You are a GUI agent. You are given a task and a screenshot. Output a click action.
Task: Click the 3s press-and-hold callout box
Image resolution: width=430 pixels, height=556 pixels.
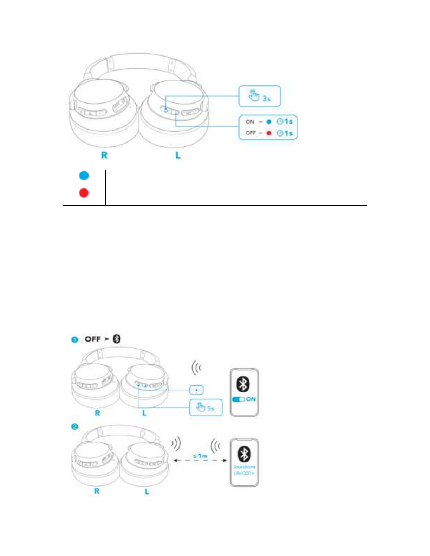pos(260,96)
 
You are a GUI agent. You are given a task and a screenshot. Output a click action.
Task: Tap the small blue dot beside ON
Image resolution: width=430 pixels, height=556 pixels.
pos(269,122)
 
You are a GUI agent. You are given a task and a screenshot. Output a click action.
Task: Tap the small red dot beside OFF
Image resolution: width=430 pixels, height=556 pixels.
pos(269,133)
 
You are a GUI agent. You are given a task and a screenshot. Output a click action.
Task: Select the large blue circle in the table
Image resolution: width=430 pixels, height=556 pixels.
pos(84,175)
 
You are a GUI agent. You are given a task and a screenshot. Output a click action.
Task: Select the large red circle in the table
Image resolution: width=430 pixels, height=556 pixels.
pos(84,193)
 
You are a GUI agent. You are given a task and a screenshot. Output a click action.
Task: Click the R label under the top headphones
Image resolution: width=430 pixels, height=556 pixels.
pos(104,155)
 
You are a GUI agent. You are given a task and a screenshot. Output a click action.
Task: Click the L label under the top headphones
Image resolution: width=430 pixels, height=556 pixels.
pos(178,155)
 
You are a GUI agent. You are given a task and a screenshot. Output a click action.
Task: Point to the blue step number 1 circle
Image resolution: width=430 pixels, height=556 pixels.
pos(74,339)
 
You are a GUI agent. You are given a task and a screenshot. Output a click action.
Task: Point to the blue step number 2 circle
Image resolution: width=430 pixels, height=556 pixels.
pos(74,426)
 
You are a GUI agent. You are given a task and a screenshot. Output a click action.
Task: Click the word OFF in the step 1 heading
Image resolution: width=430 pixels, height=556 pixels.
pos(93,339)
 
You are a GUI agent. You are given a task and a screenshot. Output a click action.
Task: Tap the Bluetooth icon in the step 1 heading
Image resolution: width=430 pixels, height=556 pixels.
pos(117,339)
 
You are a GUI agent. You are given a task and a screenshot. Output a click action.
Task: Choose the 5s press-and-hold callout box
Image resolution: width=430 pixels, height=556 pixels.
pos(206,408)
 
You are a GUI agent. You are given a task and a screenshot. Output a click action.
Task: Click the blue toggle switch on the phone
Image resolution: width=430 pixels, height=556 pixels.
pos(239,399)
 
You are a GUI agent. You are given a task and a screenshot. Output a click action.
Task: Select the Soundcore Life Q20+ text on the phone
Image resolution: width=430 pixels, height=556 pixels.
pos(244,470)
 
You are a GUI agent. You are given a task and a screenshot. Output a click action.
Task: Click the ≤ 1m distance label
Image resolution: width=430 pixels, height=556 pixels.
pos(200,456)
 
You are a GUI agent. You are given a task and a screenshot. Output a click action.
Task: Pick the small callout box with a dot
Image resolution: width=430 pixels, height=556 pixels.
pos(196,390)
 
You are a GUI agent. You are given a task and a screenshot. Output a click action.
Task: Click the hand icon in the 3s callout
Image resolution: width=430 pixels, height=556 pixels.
pos(254,95)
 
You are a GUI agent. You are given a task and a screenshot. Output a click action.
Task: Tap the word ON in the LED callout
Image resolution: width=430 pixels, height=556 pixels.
pos(250,122)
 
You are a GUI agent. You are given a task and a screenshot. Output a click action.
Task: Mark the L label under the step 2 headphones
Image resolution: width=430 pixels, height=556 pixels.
pos(147,491)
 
